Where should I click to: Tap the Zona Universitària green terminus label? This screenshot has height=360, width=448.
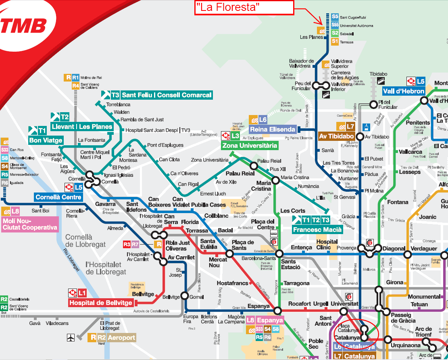click(250, 146)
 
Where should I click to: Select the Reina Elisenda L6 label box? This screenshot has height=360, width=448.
click(273, 129)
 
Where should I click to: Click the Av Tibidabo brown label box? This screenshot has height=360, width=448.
click(337, 136)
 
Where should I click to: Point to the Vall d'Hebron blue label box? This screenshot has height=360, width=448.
click(404, 91)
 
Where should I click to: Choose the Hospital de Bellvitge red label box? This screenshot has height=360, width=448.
click(101, 303)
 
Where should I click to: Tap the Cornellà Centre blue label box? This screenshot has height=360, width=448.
click(58, 197)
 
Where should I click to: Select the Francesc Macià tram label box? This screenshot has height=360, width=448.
click(317, 230)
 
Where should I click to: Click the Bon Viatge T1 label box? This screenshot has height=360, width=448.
click(46, 140)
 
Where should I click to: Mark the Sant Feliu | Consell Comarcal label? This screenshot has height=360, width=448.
click(167, 95)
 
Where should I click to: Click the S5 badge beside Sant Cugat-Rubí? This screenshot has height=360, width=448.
click(335, 17)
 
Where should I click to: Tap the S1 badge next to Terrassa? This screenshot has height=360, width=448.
click(335, 42)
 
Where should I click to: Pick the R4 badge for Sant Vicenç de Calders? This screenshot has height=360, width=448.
click(75, 86)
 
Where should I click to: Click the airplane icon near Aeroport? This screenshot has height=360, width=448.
click(71, 337)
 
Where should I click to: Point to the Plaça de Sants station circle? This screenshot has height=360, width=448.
click(229, 254)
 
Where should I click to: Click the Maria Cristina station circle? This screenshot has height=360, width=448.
click(275, 180)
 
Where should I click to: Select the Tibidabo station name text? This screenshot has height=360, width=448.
click(378, 74)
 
